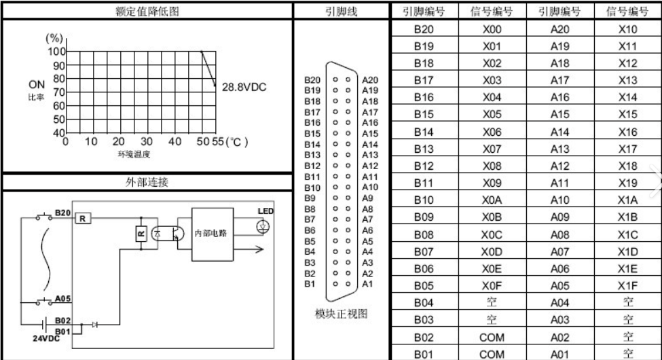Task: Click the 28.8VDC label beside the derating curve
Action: click(x=244, y=87)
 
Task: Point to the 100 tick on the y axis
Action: click(x=56, y=52)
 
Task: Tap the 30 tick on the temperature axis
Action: click(x=146, y=141)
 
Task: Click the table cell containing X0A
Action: click(x=492, y=200)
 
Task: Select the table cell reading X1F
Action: click(x=627, y=286)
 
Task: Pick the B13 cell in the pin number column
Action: click(x=424, y=149)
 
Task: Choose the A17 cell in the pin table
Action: click(x=559, y=80)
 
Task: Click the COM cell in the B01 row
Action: click(x=492, y=354)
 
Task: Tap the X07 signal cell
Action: click(x=492, y=149)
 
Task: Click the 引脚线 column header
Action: click(x=341, y=11)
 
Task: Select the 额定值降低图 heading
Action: click(x=147, y=11)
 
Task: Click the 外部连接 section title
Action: click(x=147, y=182)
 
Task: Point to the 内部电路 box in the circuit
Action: click(x=213, y=234)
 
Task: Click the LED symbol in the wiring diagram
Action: click(x=263, y=228)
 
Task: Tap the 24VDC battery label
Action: click(x=46, y=338)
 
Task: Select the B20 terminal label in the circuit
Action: click(x=63, y=213)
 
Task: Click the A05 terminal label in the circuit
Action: click(x=62, y=299)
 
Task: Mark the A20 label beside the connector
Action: click(x=370, y=80)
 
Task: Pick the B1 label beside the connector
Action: click(x=310, y=284)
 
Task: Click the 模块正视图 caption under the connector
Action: click(x=341, y=314)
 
